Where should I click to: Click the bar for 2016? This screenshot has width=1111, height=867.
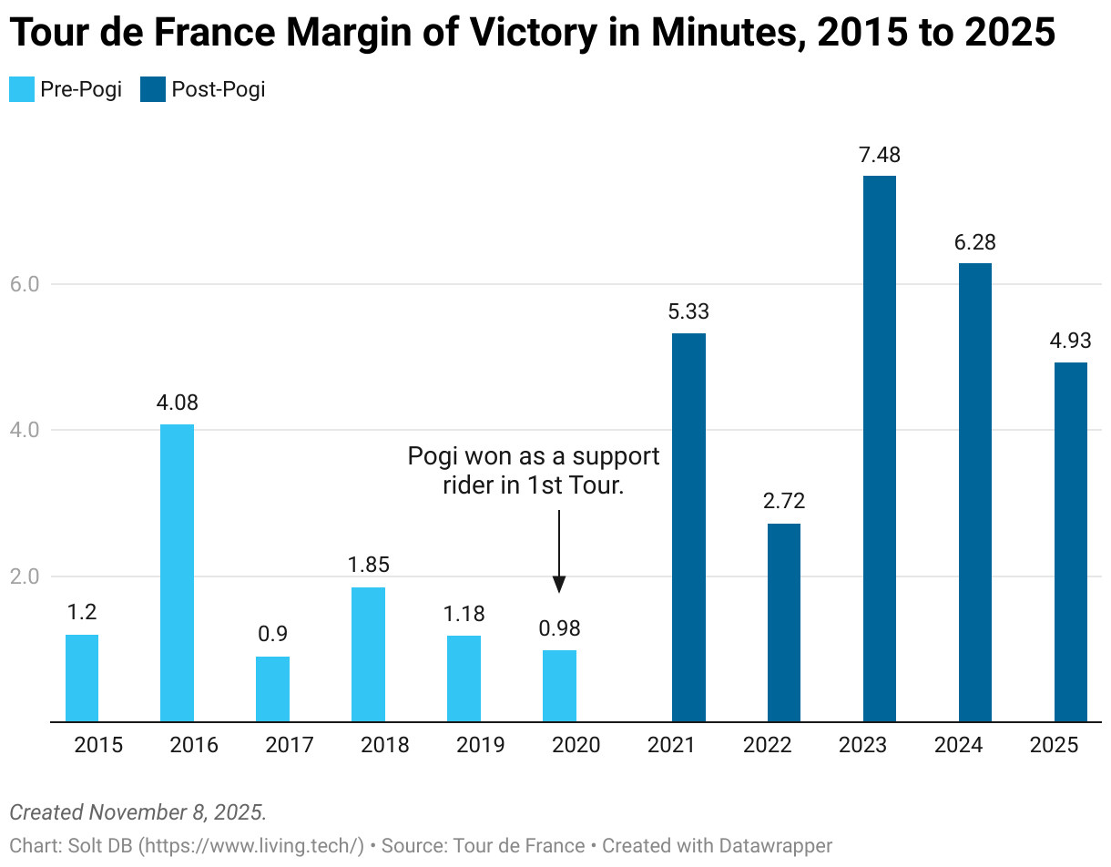(x=177, y=573)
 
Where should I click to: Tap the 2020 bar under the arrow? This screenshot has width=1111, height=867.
(x=559, y=686)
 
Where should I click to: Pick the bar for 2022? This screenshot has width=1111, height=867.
(x=783, y=623)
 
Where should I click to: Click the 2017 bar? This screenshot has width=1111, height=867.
(x=272, y=688)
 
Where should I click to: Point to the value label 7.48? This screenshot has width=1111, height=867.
(x=879, y=156)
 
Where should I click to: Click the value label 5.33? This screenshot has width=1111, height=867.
(x=688, y=312)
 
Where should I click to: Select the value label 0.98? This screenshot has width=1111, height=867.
(x=559, y=628)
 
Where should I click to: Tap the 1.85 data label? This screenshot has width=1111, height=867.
(x=368, y=566)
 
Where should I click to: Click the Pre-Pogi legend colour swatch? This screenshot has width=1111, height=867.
(x=21, y=89)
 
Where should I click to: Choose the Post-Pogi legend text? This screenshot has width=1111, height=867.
(x=218, y=89)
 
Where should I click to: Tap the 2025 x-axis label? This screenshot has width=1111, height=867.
(x=1054, y=745)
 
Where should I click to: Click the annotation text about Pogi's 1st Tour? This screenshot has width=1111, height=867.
(x=534, y=471)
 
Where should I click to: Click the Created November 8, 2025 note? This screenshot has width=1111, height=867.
(x=138, y=811)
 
